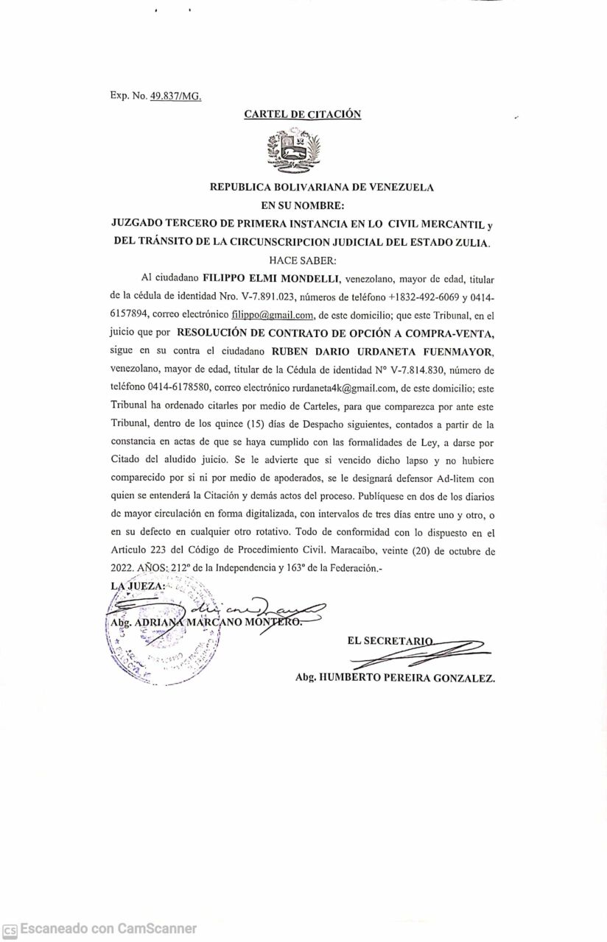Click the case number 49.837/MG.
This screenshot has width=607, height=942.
[175, 96]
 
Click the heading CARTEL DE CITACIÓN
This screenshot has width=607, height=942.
[303, 114]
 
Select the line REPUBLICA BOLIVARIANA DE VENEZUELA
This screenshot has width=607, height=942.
[322, 187]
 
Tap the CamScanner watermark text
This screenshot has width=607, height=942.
[108, 929]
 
